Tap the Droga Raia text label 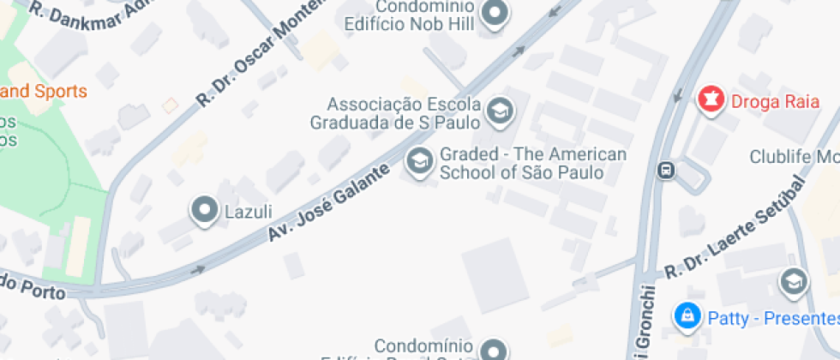point(765,101)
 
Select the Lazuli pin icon point(205,210)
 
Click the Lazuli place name point(248,211)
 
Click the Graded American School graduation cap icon point(419,161)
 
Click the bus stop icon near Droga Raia point(665,170)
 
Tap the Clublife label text point(794,157)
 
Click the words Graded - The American point(533,155)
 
